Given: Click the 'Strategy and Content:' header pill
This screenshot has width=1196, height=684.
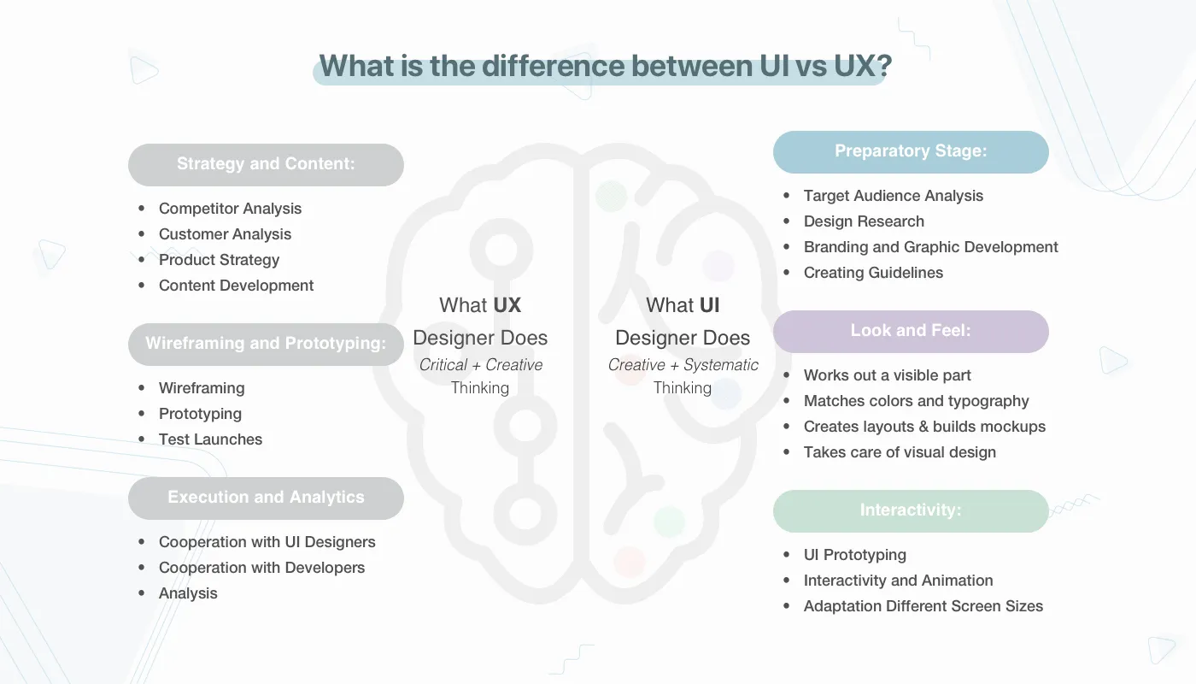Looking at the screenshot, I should click(x=266, y=164).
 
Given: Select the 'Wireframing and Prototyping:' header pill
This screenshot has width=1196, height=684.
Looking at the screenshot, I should click(x=266, y=344).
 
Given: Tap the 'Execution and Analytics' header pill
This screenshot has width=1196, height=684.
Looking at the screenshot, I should click(x=266, y=498).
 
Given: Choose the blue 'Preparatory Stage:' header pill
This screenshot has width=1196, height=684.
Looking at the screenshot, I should click(x=911, y=151).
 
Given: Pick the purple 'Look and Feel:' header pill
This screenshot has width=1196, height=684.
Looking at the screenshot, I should click(x=911, y=331).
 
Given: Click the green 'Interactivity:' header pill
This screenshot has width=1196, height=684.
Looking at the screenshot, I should click(x=911, y=510).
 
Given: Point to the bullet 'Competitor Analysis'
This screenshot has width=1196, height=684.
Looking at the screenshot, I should click(x=230, y=209).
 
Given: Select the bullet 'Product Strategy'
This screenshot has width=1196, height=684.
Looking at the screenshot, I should click(x=219, y=260).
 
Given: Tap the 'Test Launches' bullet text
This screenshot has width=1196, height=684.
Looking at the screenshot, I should click(x=210, y=439).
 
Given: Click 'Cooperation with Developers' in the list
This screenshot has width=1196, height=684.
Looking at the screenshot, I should click(x=261, y=568).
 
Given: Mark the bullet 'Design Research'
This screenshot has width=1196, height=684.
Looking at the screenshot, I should click(x=864, y=221).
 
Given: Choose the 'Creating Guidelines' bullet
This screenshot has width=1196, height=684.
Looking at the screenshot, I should click(x=873, y=273).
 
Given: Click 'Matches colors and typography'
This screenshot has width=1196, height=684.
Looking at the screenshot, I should click(x=916, y=401).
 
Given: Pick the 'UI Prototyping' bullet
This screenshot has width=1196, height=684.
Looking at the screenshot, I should click(x=854, y=555).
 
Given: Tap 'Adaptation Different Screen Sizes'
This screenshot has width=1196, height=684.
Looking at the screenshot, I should click(x=923, y=606).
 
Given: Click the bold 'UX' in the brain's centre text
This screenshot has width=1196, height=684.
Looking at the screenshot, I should click(x=507, y=305).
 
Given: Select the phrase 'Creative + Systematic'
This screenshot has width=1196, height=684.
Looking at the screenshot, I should click(x=683, y=365).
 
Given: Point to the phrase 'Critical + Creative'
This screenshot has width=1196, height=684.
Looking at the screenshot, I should click(x=480, y=365).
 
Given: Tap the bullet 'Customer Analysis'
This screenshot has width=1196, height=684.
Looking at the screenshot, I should click(x=225, y=234).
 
